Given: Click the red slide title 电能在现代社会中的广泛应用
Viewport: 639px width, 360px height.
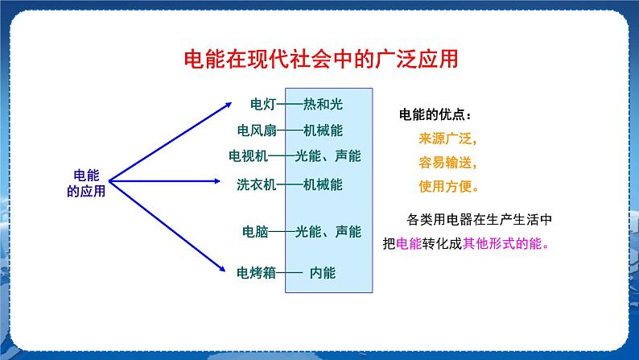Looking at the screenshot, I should pos(321,60).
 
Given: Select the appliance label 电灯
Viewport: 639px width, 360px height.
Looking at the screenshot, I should pos(263,104).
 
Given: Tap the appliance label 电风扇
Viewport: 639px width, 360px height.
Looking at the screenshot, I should pos(257,130).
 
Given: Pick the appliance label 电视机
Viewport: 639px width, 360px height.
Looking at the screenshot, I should pos(249,156).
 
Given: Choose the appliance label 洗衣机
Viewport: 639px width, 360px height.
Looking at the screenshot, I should pos(256,184).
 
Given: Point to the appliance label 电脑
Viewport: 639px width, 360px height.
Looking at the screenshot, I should pos(255,231).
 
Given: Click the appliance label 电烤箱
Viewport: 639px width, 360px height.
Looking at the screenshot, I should pos(256,272).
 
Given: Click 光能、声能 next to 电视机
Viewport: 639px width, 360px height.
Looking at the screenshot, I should pos(328,156).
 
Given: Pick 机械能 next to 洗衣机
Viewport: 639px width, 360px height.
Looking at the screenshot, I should pos(323,184).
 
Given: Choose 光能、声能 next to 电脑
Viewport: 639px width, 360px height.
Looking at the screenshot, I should pos(328,231).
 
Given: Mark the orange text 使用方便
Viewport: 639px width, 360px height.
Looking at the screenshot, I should pos(447,185).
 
